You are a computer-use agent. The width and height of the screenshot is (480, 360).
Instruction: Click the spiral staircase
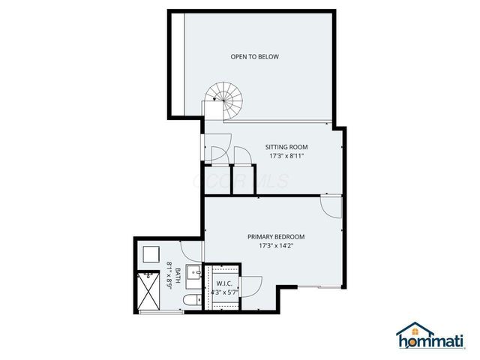(x=222, y=97)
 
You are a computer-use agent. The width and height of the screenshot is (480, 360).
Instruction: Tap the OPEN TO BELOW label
(x=250, y=56)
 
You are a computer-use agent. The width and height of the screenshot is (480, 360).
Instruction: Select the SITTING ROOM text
(x=286, y=146)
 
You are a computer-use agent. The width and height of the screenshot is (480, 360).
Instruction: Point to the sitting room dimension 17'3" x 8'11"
(x=286, y=156)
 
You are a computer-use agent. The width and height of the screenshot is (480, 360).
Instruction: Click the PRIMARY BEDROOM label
(x=276, y=236)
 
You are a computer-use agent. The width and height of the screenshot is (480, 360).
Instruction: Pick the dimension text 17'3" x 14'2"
(x=276, y=245)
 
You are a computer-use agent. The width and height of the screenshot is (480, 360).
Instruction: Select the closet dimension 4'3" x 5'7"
(x=223, y=292)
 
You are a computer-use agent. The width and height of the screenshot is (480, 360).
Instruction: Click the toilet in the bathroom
(x=192, y=301)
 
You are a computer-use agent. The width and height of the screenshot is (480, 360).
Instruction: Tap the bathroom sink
(x=192, y=273)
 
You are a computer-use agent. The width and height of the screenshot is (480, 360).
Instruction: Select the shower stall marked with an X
(x=149, y=291)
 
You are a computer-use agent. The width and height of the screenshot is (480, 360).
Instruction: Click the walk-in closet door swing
(x=250, y=286)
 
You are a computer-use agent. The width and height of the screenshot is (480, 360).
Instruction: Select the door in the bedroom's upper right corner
(x=331, y=204)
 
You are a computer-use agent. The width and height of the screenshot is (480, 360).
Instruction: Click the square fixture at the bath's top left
(x=151, y=254)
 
